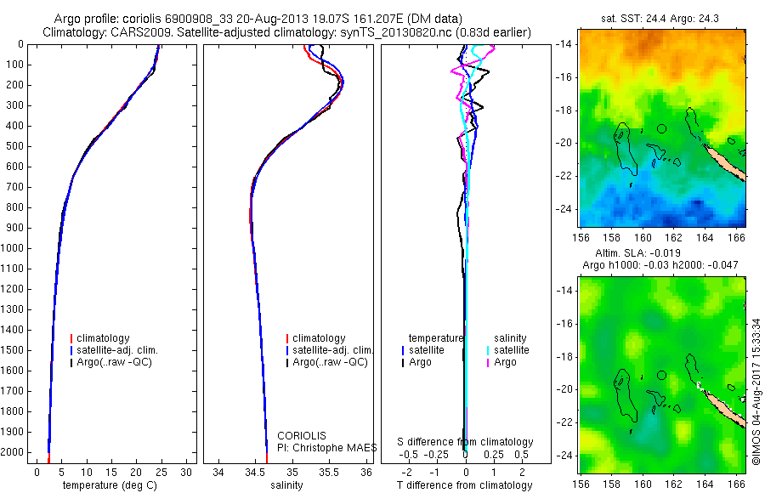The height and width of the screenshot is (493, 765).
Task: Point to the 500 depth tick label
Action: click(x=15, y=146)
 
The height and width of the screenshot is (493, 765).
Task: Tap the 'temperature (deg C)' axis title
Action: click(x=110, y=485)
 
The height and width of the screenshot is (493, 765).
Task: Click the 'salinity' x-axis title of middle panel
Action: click(x=286, y=485)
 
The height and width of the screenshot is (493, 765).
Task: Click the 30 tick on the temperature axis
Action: click(x=185, y=472)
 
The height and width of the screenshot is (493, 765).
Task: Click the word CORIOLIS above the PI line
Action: click(x=302, y=435)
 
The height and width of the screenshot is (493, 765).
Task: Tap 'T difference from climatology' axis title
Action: click(x=465, y=485)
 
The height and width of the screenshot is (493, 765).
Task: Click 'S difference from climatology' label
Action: click(x=465, y=442)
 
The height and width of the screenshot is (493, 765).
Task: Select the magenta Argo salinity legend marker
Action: click(x=488, y=363)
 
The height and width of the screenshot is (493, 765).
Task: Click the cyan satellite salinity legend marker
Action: click(x=488, y=350)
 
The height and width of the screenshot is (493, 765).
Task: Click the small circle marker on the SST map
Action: click(x=661, y=128)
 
